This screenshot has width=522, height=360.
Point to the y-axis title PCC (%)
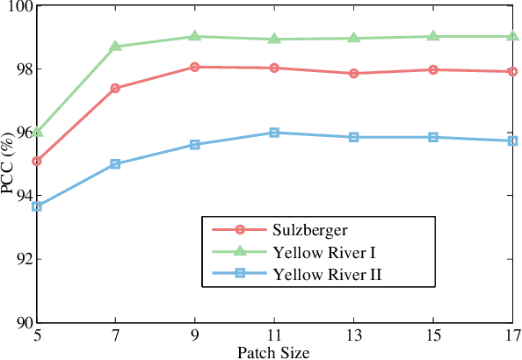10,164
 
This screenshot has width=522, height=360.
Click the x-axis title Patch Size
274,352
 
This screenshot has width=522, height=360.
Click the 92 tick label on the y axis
19,260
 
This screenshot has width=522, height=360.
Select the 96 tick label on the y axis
19,133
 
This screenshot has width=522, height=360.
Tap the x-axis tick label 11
274,335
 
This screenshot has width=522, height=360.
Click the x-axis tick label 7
115,335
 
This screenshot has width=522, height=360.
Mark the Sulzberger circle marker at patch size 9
195,67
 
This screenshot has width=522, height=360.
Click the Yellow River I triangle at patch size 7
115,46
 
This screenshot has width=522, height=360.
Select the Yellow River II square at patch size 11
274,133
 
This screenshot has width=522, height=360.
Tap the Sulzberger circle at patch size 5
37,162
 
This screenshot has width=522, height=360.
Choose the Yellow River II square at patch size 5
37,206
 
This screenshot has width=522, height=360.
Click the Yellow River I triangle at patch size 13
353,38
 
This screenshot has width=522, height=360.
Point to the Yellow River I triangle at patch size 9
195,36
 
